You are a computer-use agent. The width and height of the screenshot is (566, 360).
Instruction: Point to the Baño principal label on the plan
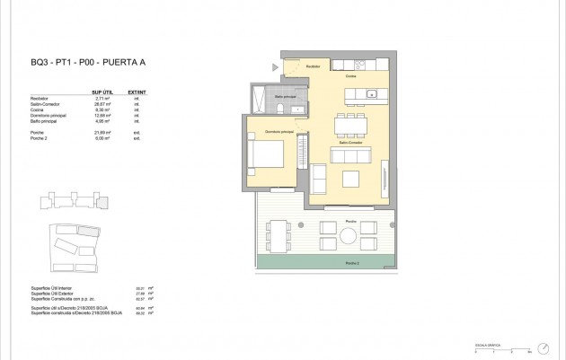click(286, 96)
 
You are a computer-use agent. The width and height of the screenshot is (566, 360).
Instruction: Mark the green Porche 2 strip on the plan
click(325, 262)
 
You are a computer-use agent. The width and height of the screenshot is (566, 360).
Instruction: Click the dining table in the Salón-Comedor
click(349, 124)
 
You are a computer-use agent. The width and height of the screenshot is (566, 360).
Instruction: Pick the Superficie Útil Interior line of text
click(51, 288)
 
